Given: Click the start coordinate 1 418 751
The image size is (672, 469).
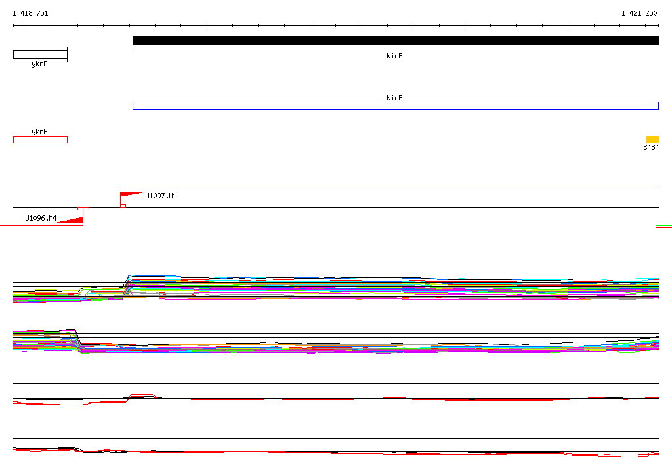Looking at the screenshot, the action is (x=30, y=13).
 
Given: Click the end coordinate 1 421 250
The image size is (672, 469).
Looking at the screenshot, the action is (x=639, y=13).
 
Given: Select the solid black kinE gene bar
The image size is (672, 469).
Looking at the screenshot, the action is (x=396, y=41).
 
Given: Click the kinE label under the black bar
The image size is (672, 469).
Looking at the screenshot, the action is (x=394, y=56).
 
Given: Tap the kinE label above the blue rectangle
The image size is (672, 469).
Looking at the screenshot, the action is (x=394, y=98).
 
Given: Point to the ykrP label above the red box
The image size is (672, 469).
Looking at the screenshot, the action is (x=39, y=131).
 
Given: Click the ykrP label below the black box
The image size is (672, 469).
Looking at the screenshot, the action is (x=39, y=64).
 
